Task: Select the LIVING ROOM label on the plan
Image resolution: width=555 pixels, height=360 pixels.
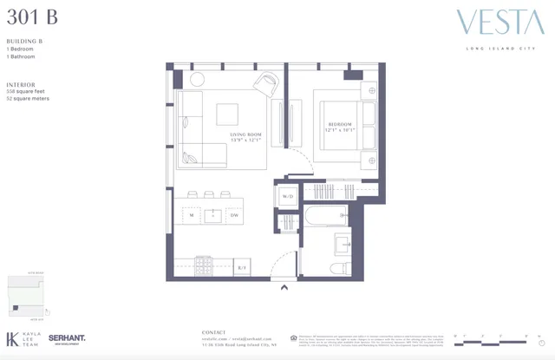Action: pos(245,135)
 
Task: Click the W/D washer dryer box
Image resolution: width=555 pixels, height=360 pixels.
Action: pos(286,197)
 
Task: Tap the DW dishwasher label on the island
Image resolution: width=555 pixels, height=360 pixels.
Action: pos(234,214)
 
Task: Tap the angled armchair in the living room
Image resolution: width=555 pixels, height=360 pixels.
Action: pos(265,84)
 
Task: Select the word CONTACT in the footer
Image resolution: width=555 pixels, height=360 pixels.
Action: pos(213,331)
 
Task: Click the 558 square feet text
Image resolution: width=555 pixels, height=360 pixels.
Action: pos(25,91)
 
